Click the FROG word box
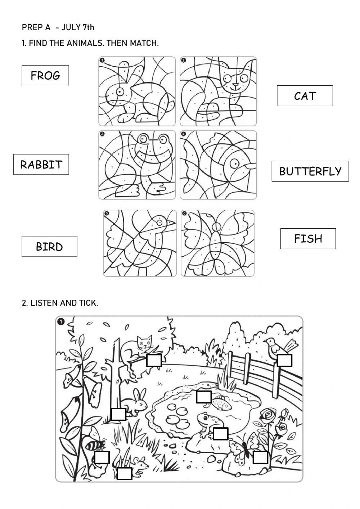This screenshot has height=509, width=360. pyautogui.click(x=45, y=76)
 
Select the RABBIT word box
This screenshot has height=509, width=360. pyautogui.click(x=41, y=165)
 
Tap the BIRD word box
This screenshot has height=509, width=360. pyautogui.click(x=49, y=246)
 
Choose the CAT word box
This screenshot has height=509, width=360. pyautogui.click(x=305, y=96)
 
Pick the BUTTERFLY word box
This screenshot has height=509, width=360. pyautogui.click(x=310, y=171)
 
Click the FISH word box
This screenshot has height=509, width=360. pyautogui.click(x=308, y=238)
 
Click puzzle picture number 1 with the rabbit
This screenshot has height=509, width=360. pyautogui.click(x=137, y=91)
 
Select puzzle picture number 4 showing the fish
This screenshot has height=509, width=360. pyautogui.click(x=219, y=165)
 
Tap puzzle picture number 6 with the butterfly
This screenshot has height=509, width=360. pyautogui.click(x=217, y=243)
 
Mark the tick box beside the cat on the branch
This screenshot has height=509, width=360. pyautogui.click(x=154, y=360)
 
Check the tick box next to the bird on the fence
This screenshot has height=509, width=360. pyautogui.click(x=284, y=360)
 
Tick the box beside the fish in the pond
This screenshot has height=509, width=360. pyautogui.click(x=203, y=397)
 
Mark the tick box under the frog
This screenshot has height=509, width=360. pyautogui.click(x=220, y=433)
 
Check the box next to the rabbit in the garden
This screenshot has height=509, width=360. pyautogui.click(x=118, y=414)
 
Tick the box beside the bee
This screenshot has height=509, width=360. pyautogui.click(x=102, y=457)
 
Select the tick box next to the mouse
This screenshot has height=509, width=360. pyautogui.click(x=125, y=473)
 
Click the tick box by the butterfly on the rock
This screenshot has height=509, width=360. pyautogui.click(x=260, y=457)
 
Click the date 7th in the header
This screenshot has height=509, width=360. pyautogui.click(x=89, y=27)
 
